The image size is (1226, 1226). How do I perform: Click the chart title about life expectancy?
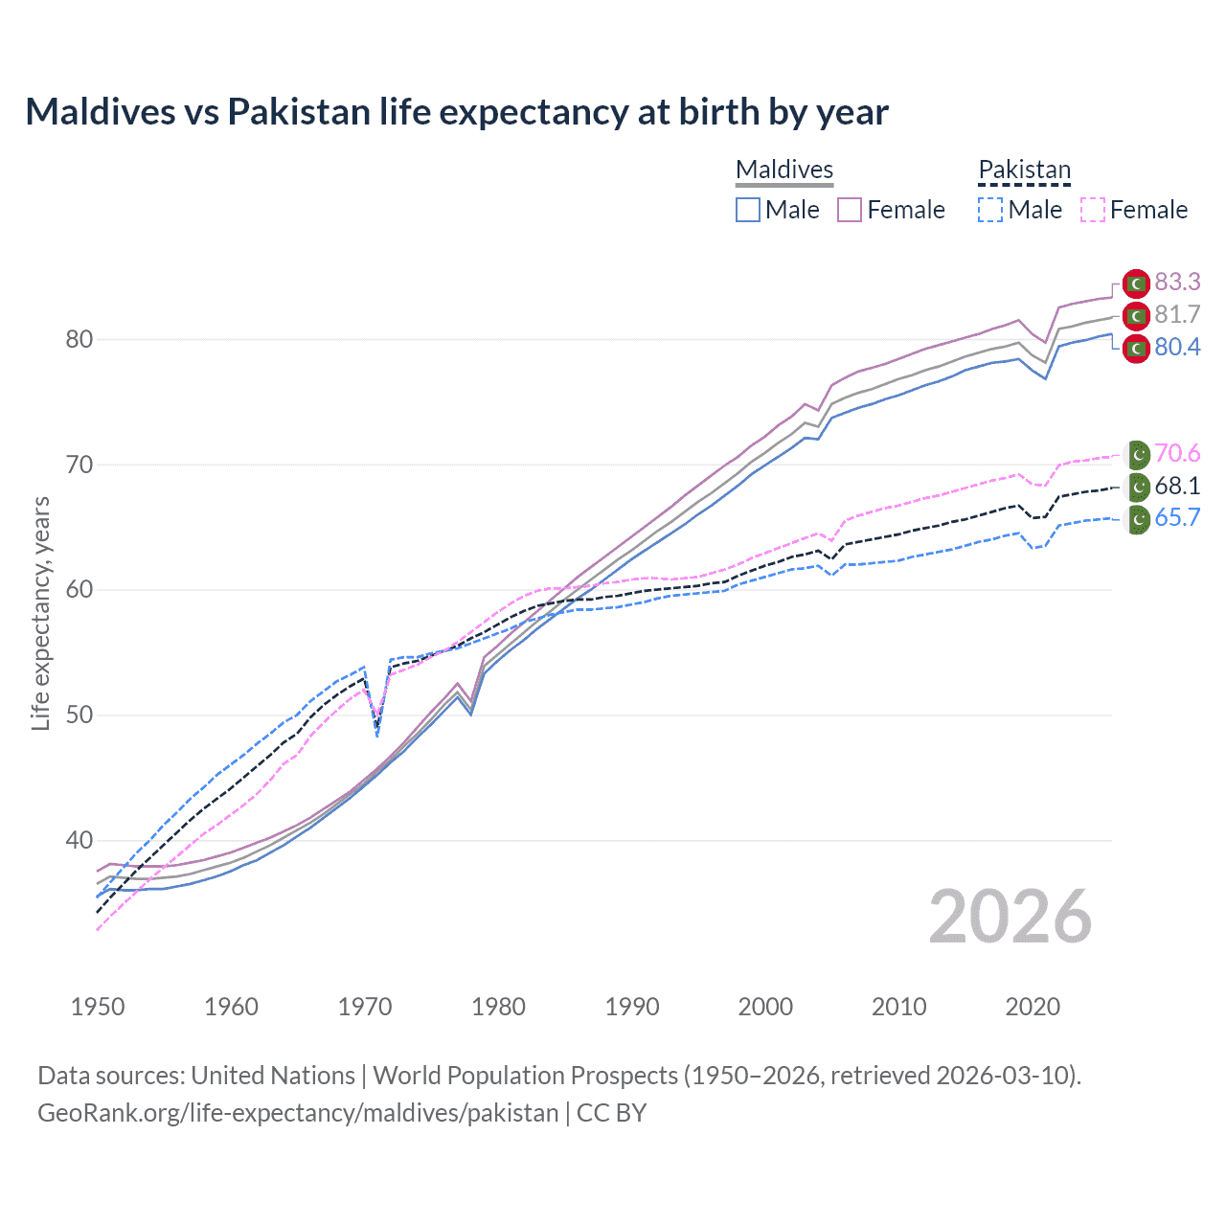[x=457, y=112]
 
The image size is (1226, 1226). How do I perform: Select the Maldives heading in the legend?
[x=784, y=170]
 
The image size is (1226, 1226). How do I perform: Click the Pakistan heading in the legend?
[x=1024, y=170]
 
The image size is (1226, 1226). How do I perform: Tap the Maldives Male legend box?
[x=748, y=210]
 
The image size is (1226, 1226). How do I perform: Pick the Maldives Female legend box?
[x=850, y=210]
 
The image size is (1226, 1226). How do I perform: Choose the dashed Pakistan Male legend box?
[x=990, y=210]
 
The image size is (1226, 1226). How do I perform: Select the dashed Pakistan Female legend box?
[x=1092, y=210]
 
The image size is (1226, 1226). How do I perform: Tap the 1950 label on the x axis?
[x=98, y=1007]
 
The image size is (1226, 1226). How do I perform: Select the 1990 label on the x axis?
[x=632, y=1007]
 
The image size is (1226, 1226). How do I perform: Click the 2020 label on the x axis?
[x=1033, y=1007]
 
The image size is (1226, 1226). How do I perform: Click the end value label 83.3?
[x=1177, y=282]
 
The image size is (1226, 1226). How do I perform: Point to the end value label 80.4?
[x=1177, y=347]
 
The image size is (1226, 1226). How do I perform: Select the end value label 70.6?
[x=1177, y=453]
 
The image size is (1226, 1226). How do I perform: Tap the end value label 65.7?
[x=1177, y=518]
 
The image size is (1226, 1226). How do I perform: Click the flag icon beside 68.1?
[x=1137, y=487]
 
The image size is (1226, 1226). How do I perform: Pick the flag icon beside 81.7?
[x=1136, y=315]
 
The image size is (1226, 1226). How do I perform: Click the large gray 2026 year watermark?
[x=1010, y=917]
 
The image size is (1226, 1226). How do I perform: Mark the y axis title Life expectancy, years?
[x=41, y=613]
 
